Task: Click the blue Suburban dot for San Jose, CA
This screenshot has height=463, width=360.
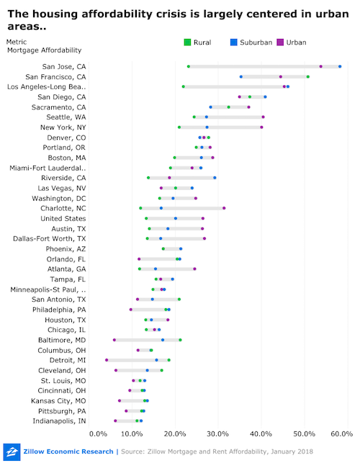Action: (x=340, y=66)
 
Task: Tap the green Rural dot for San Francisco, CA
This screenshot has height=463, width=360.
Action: (x=307, y=77)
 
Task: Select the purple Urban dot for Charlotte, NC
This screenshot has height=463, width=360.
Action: (x=224, y=208)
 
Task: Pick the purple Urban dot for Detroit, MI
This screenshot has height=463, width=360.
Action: (x=107, y=360)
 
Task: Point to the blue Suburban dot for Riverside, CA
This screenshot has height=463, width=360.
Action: (x=215, y=178)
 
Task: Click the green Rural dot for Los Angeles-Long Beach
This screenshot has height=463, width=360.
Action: (x=184, y=86)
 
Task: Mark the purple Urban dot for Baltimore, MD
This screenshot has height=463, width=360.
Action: (x=114, y=340)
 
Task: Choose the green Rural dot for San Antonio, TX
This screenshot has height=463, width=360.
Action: (x=179, y=300)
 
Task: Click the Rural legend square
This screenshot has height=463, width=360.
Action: (x=187, y=42)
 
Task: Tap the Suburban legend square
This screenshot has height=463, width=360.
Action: (x=233, y=42)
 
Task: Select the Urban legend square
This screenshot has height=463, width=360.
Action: (x=280, y=42)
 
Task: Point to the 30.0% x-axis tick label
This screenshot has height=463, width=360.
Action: (x=218, y=433)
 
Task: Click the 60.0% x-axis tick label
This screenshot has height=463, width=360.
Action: (x=342, y=433)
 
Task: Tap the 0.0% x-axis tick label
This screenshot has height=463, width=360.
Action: (x=98, y=433)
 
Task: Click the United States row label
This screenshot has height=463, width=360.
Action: (x=63, y=218)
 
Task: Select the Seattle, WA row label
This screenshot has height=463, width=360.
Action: (x=66, y=117)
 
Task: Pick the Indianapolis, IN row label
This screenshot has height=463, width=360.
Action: (x=59, y=421)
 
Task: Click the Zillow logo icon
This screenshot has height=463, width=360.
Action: (x=12, y=452)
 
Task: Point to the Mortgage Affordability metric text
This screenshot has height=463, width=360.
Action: (x=45, y=50)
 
